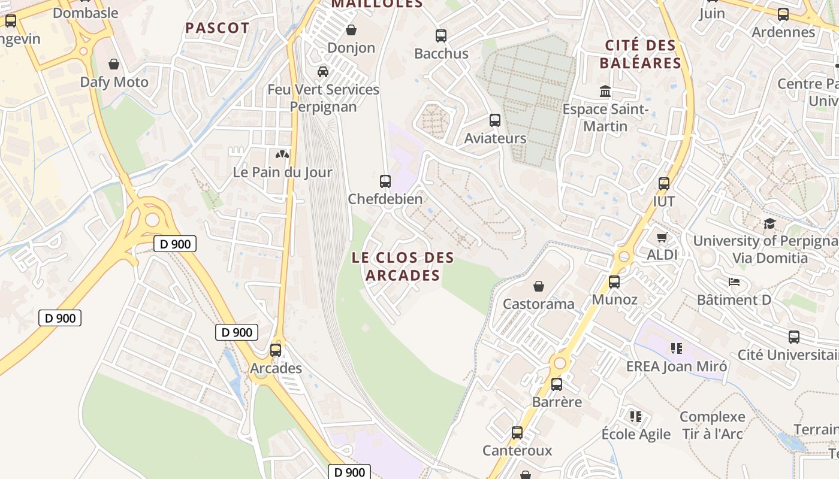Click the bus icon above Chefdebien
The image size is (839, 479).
point(385,181)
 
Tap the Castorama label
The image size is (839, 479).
point(538,304)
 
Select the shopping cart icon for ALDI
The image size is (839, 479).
point(662,238)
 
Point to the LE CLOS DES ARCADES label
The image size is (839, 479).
point(403,266)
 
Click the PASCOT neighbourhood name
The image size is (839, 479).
point(217,28)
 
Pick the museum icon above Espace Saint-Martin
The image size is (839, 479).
point(605,92)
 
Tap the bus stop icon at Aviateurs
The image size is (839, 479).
point(495,120)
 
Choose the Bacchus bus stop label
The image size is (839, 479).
point(441,53)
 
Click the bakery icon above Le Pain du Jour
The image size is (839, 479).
point(282,154)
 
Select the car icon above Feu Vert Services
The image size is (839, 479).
point(323,72)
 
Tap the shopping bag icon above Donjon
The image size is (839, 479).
point(351,30)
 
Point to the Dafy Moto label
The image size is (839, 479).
point(114,82)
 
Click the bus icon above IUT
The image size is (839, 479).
point(663,184)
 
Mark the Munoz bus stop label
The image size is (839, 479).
point(614,299)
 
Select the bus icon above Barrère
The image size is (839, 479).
point(557,384)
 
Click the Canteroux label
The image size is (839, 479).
point(517,450)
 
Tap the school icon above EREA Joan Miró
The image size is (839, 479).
point(677,348)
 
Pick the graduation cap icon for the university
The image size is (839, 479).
point(769,224)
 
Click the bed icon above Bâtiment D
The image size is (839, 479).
point(734,282)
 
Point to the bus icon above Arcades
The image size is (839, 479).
point(276,350)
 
